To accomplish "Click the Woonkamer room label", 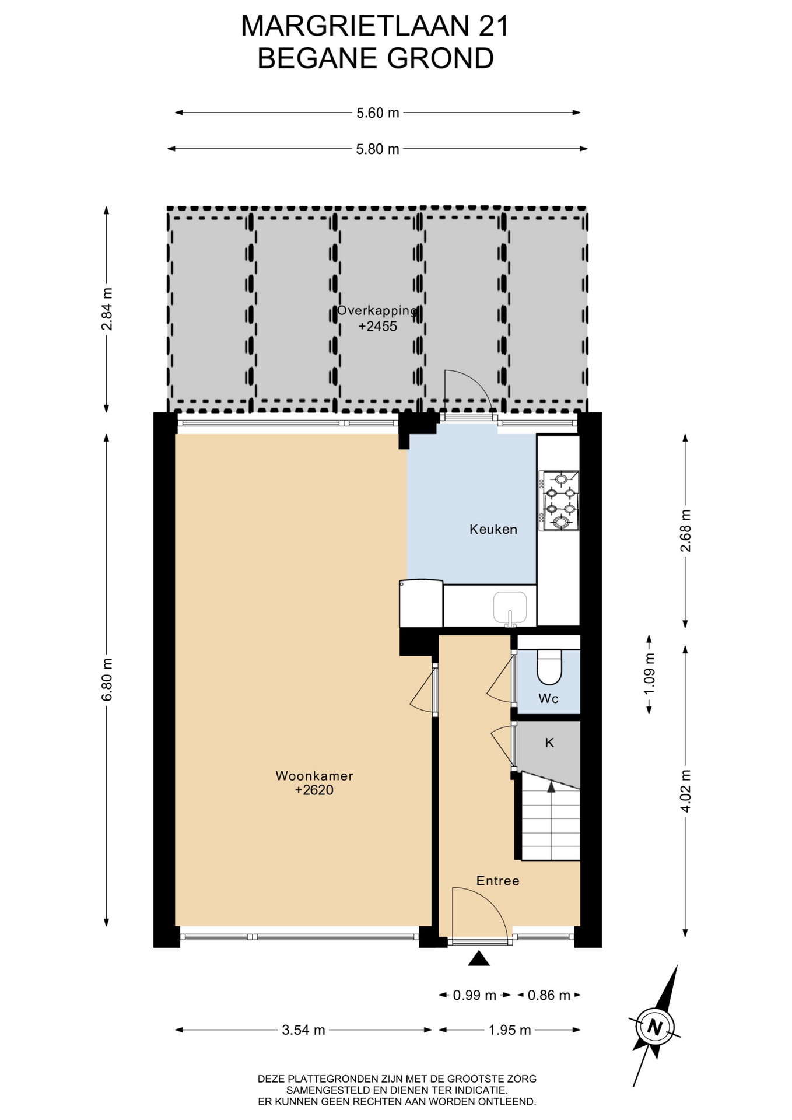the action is (314, 776).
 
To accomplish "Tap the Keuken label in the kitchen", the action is (493, 530).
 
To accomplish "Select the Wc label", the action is (548, 698).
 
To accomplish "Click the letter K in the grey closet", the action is (549, 743).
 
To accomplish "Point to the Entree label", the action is (497, 881).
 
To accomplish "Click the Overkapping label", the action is (377, 310).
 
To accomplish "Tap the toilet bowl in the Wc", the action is (548, 667).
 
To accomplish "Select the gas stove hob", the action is (559, 501).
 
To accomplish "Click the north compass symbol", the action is (655, 1027).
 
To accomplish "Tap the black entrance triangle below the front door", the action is (479, 958).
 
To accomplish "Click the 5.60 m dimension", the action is (378, 113).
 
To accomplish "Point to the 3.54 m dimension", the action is (303, 1030).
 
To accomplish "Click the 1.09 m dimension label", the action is (649, 673).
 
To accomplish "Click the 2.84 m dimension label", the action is (107, 309).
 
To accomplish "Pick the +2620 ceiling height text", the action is (314, 790).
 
